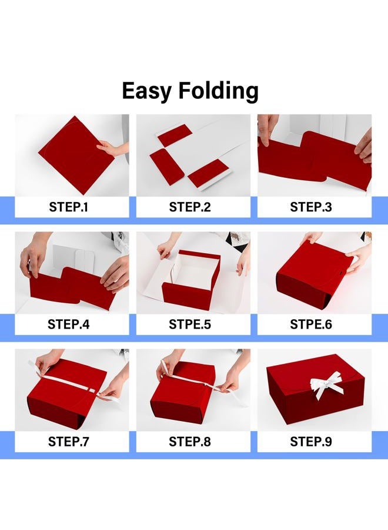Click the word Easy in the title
click(147, 91)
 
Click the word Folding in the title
click(218, 91)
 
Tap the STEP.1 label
click(69, 207)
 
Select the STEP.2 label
click(190, 207)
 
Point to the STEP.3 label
click(311, 207)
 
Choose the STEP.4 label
click(69, 324)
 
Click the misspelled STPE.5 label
click(190, 324)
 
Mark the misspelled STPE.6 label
click(311, 324)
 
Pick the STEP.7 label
click(69, 442)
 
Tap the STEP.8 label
click(190, 442)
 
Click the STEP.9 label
click(311, 442)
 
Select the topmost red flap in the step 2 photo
click(175, 135)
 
